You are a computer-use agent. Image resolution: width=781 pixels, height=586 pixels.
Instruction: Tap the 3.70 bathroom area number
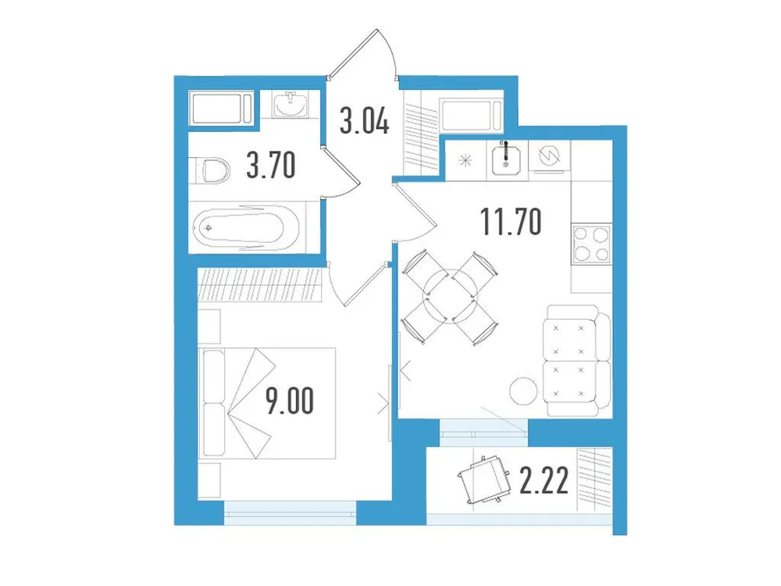pos(271,166)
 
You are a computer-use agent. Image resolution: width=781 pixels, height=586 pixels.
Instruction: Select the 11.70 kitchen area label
pos(512,223)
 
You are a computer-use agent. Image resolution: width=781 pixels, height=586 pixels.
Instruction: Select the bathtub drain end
pos(208,228)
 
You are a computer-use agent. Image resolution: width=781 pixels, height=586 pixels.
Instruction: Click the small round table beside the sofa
pos(522,388)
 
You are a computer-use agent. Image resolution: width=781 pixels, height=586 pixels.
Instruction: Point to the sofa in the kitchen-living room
pos(577,360)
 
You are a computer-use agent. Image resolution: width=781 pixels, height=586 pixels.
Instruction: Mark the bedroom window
pos(289,510)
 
